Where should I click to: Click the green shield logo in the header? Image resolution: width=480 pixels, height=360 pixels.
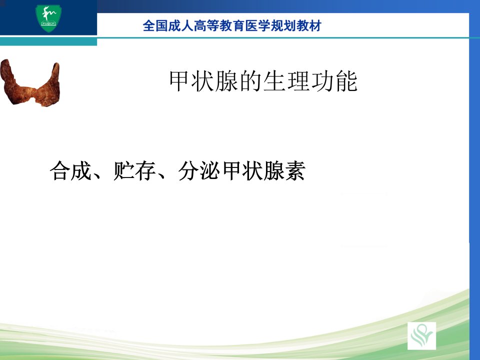click(48, 18)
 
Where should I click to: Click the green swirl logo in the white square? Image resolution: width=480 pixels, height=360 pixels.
click(422, 335)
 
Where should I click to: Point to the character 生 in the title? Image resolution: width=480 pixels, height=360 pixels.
click(274, 81)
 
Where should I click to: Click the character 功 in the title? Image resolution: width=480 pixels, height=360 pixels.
click(322, 81)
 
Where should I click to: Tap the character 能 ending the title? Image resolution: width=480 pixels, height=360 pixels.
click(346, 81)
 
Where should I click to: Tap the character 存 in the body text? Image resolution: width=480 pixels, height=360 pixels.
click(145, 170)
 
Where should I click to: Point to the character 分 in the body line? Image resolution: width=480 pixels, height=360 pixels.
click(188, 170)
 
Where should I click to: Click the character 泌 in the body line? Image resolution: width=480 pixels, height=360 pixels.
click(209, 170)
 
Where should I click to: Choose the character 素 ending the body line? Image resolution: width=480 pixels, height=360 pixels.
click(295, 170)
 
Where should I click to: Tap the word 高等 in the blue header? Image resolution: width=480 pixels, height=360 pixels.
click(206, 25)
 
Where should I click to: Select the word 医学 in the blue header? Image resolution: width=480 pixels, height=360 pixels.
click(258, 25)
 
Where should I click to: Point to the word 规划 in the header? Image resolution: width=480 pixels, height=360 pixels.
click(283, 25)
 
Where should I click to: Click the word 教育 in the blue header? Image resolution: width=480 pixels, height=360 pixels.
click(232, 25)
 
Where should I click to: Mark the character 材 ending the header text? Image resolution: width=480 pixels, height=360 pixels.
click(315, 25)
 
